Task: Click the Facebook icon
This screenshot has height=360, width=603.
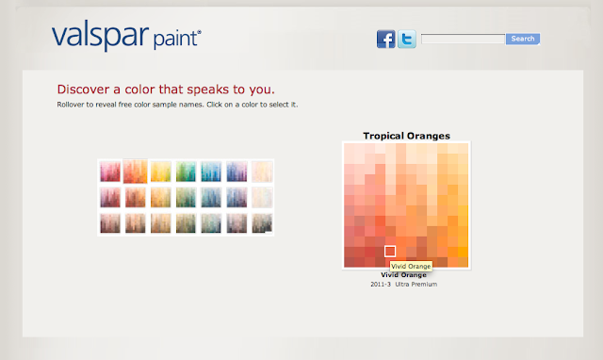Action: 385,39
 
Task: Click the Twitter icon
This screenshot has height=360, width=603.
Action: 407,39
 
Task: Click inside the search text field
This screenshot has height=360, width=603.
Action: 463,39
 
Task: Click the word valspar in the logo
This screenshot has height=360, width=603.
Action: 100,36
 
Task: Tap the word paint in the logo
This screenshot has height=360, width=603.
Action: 176,40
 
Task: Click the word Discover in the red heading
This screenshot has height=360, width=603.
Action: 84,90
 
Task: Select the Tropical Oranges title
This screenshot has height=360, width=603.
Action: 406,136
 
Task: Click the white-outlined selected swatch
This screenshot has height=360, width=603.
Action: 390,252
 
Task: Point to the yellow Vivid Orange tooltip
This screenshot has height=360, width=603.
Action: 411,266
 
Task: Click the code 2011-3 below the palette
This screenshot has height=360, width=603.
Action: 381,285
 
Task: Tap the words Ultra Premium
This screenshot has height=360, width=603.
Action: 416,285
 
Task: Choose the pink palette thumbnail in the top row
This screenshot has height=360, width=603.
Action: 110,172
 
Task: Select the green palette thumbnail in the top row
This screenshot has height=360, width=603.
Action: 186,172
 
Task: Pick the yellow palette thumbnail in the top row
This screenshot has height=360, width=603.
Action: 161,172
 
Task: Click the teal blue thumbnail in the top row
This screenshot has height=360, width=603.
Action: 211,172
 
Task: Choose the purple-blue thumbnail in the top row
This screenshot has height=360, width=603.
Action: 236,172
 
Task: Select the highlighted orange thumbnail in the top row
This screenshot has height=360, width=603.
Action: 136,172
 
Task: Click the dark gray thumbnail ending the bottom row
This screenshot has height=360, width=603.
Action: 262,223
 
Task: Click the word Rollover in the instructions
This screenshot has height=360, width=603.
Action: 71,105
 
